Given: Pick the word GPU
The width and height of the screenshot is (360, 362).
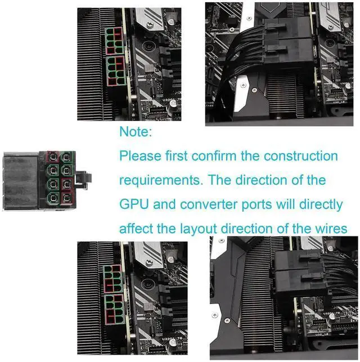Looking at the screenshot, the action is [x=134, y=204].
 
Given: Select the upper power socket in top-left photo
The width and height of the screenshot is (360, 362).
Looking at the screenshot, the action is [x=114, y=39].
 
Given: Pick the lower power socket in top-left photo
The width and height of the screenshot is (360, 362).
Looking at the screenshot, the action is [x=115, y=70].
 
